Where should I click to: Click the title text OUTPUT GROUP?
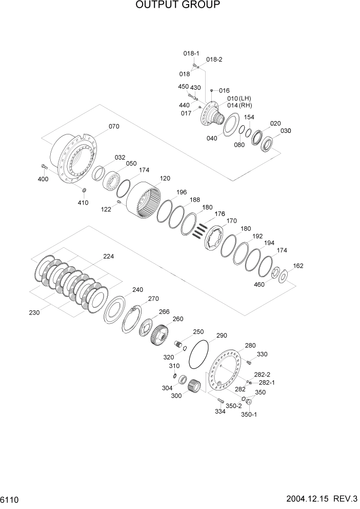pos(178,6)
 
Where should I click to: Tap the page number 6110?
pos(10,499)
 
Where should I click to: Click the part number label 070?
pos(113,127)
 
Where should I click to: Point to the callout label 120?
pos(165,179)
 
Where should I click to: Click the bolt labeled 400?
pos(43,166)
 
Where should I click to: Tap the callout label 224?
pos(109,256)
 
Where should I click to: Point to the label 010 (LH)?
pos(239,98)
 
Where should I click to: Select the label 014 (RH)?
pos(239,105)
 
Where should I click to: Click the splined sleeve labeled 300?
pos(193,385)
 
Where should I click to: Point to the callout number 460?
pos(259,284)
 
